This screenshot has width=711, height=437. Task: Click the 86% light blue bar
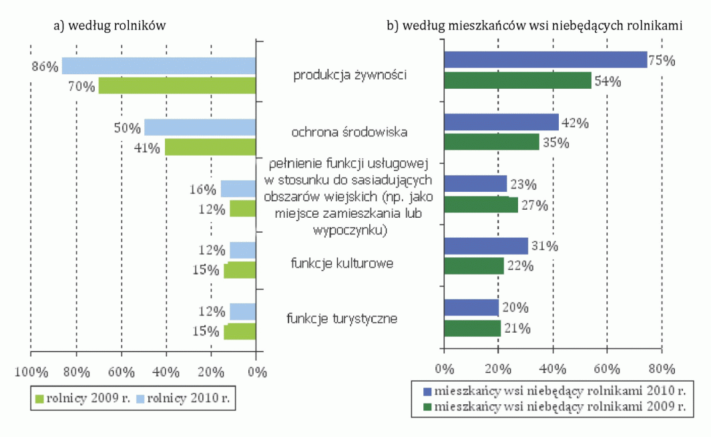(159, 65)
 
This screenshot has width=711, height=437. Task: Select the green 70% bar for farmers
(178, 86)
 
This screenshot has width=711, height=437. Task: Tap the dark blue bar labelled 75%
(545, 59)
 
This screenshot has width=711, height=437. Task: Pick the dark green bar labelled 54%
(517, 81)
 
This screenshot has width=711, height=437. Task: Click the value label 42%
(575, 123)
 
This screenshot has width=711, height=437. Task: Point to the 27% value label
(534, 206)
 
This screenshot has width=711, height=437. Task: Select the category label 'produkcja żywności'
(350, 75)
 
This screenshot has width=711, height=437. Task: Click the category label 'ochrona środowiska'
(350, 132)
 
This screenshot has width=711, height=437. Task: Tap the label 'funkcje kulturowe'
(341, 263)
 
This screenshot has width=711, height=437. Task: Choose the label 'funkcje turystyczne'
(342, 318)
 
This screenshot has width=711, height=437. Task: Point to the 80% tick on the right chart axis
(660, 368)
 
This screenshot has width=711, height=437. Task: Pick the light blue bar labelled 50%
(200, 127)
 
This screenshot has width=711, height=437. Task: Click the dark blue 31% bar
(485, 246)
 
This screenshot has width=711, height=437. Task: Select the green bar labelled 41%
(210, 147)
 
